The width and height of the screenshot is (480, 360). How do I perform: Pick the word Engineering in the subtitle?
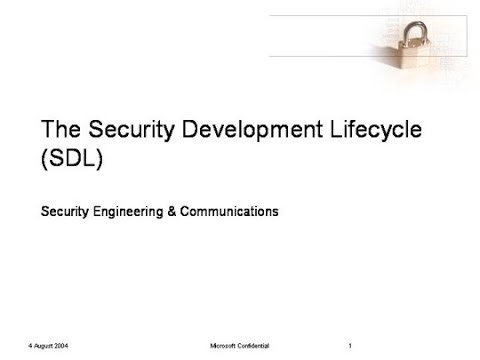[132, 212]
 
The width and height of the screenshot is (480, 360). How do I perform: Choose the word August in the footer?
[41, 346]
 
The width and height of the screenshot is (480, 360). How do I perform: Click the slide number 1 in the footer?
[351, 346]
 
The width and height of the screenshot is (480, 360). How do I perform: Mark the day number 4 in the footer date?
[30, 346]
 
